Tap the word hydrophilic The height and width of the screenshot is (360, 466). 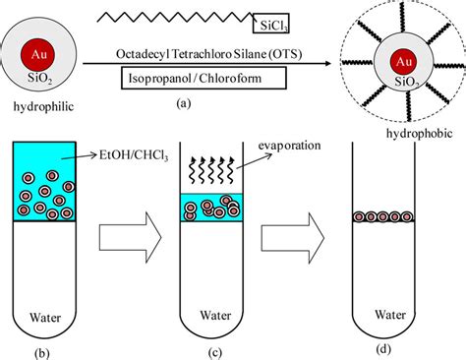pos(36,101)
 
